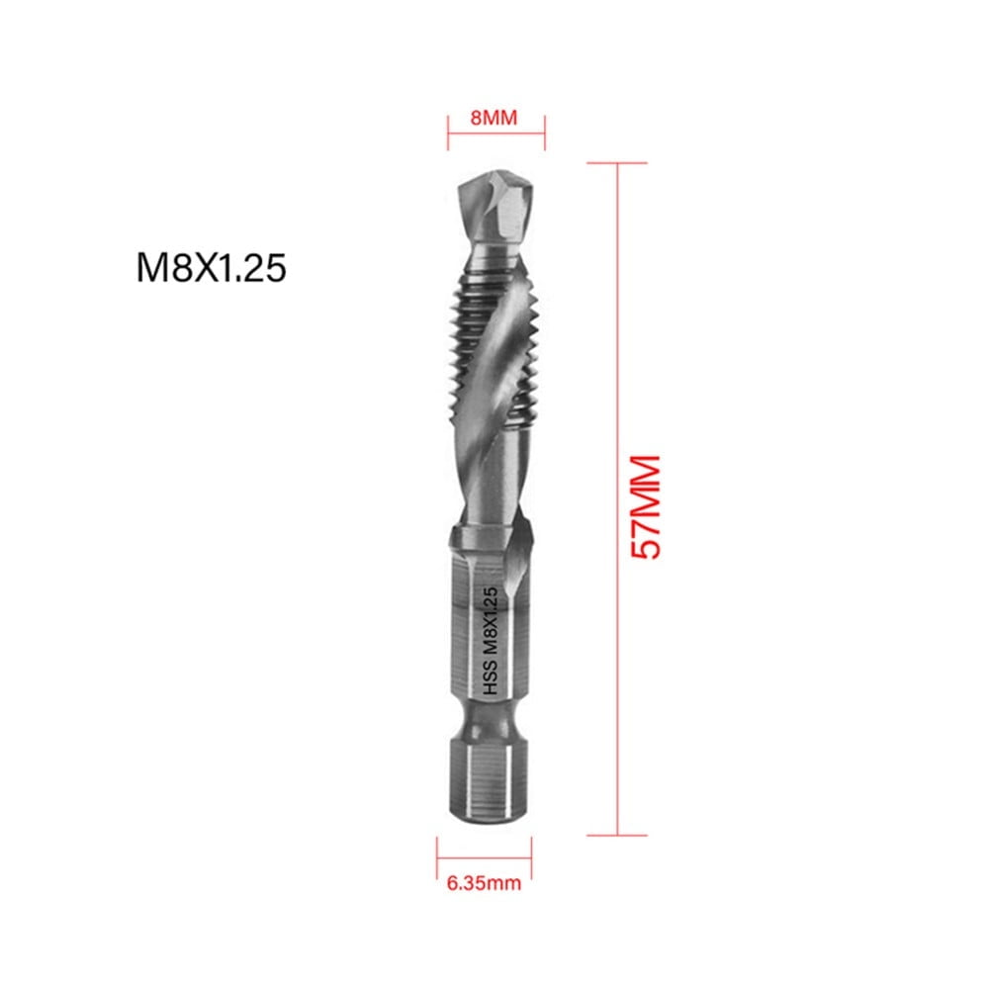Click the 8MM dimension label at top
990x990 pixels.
[494, 117]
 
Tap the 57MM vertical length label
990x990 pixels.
[645, 507]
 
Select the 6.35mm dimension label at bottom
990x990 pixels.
[483, 882]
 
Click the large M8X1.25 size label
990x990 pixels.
[211, 268]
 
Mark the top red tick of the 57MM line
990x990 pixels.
[617, 163]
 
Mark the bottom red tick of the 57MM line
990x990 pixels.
[617, 837]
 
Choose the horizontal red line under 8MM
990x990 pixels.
[495, 136]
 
